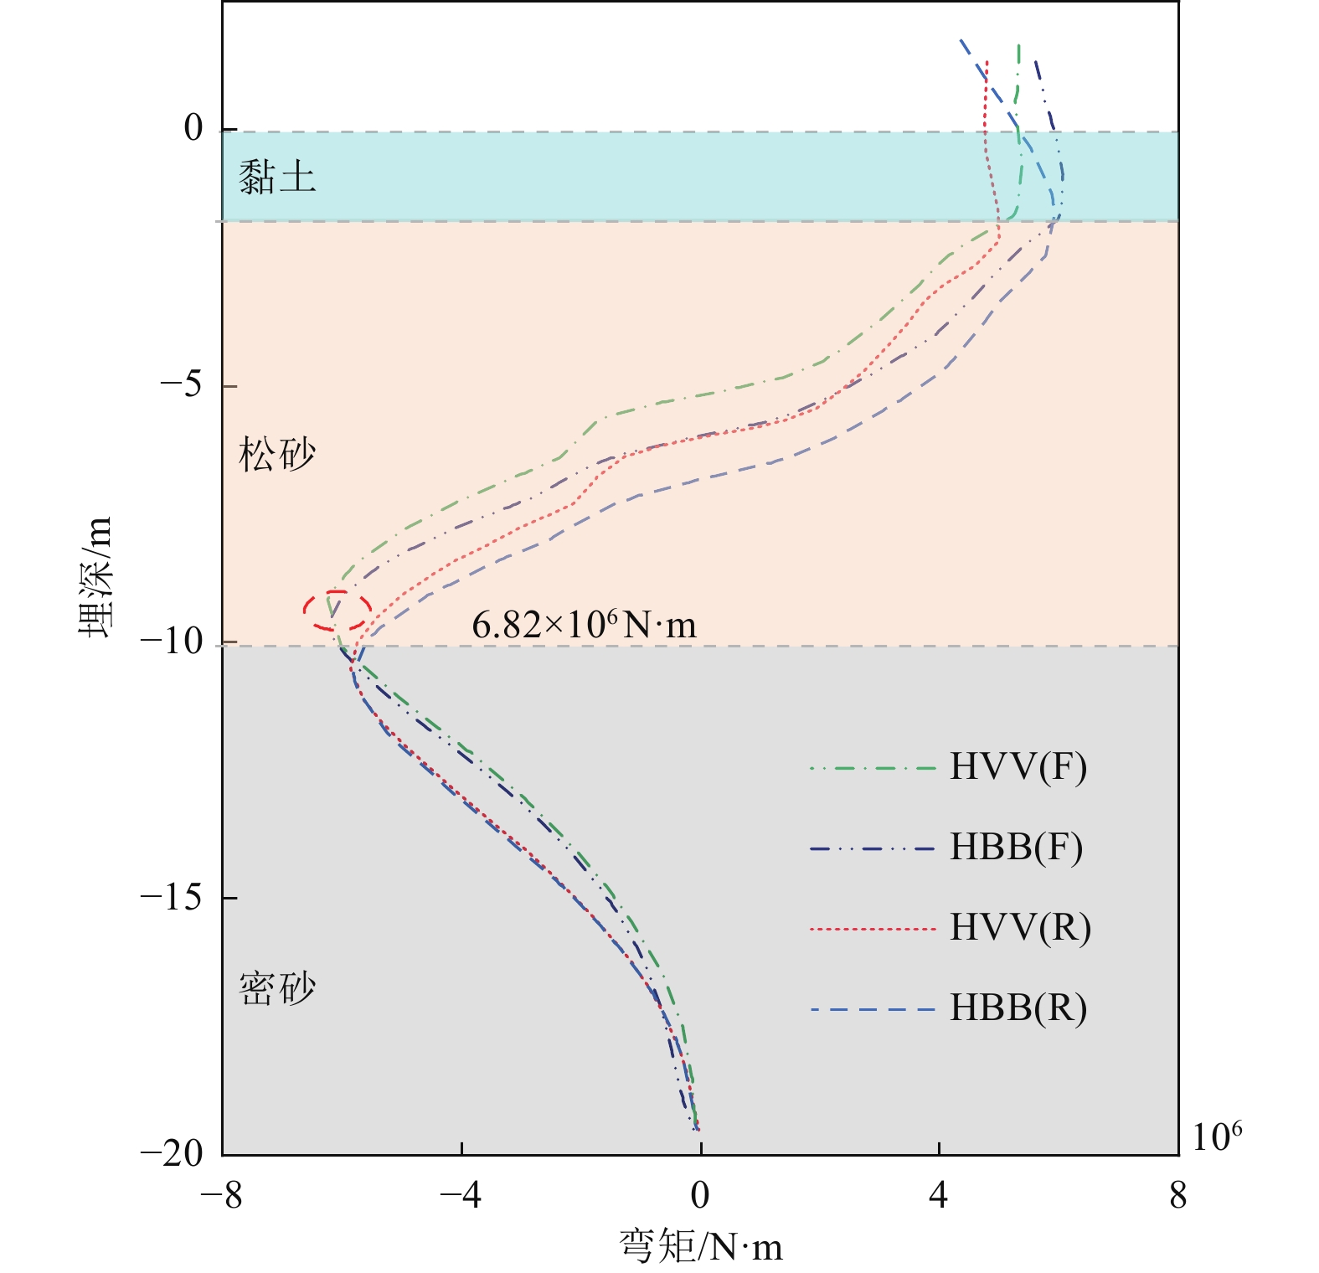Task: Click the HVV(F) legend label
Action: tap(1018, 766)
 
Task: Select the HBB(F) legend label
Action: tap(1016, 847)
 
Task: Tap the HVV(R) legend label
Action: tap(1020, 927)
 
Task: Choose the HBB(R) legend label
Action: tap(1018, 1008)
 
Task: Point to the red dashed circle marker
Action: tap(337, 611)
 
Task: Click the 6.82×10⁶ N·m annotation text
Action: tap(584, 625)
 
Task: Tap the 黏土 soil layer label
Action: tap(277, 177)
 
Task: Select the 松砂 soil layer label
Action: tap(277, 455)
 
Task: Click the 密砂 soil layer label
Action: tap(277, 988)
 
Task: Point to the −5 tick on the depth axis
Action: tap(181, 385)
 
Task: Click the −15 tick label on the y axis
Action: tap(171, 897)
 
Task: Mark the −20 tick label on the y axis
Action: tap(171, 1153)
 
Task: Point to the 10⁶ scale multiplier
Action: tap(1216, 1137)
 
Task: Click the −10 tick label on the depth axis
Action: tap(171, 642)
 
